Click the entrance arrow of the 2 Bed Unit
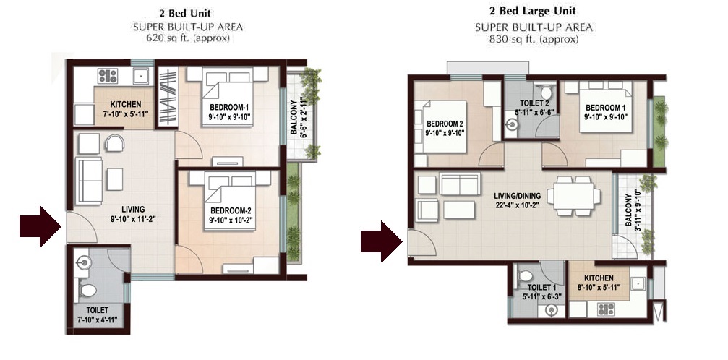pyautogui.click(x=40, y=226)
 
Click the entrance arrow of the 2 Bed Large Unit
pyautogui.click(x=382, y=241)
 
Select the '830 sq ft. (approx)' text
pyautogui.click(x=534, y=40)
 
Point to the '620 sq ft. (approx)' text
pyautogui.click(x=187, y=38)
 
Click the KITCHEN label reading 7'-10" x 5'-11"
pyautogui.click(x=125, y=108)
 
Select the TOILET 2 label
pyautogui.click(x=531, y=108)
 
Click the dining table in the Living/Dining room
pyautogui.click(x=574, y=196)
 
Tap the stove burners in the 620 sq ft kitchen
pyautogui.click(x=107, y=75)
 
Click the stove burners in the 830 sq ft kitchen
pyautogui.click(x=605, y=309)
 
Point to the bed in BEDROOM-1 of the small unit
pyautogui.click(x=228, y=96)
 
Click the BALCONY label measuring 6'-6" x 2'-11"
pyautogui.click(x=298, y=115)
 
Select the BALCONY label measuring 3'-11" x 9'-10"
pyautogui.click(x=633, y=210)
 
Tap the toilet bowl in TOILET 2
pyautogui.click(x=547, y=92)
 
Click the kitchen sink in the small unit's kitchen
pyautogui.click(x=140, y=74)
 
